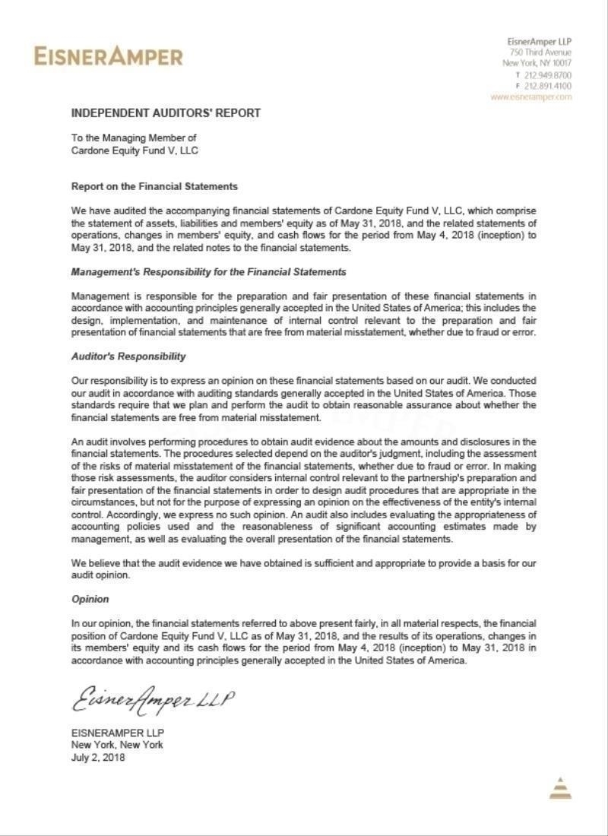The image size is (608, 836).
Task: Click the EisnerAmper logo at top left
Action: (x=108, y=56)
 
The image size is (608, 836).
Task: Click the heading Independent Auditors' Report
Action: (x=166, y=113)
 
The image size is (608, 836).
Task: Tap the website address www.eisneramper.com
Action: (x=530, y=97)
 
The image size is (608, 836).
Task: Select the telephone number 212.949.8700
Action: (x=548, y=75)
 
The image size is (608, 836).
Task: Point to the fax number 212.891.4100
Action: (x=548, y=86)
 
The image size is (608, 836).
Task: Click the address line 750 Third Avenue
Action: (x=540, y=52)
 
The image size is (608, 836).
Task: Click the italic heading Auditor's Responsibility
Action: (x=128, y=356)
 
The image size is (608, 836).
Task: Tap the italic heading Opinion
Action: (x=90, y=599)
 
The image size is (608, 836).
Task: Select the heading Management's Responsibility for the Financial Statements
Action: (x=208, y=271)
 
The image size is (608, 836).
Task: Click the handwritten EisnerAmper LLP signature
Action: (x=153, y=700)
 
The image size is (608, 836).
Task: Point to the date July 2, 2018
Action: (x=98, y=758)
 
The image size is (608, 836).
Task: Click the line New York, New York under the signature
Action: (x=117, y=745)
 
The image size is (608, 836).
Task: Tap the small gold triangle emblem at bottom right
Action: (x=559, y=788)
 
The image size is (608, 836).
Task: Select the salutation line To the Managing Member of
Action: (x=134, y=138)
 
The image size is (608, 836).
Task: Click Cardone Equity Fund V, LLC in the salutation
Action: (x=135, y=150)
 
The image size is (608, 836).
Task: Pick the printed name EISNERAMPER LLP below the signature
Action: (x=118, y=732)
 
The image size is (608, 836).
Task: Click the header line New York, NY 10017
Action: (x=537, y=64)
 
